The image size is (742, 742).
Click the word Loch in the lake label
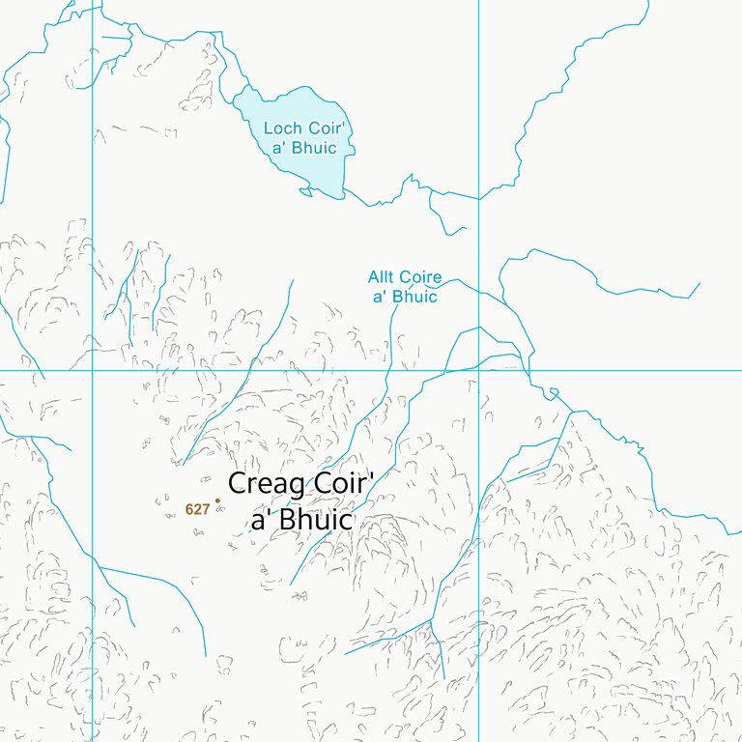[282, 128]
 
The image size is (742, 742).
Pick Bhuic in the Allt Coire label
[415, 297]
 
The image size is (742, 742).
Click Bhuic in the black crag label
[315, 519]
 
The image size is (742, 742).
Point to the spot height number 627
[197, 509]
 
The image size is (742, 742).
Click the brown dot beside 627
[217, 500]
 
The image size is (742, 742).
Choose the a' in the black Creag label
[263, 519]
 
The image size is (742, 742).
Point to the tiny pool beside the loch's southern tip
[305, 190]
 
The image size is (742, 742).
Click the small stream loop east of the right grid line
[553, 391]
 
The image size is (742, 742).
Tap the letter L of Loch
[269, 128]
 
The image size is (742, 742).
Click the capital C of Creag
[237, 485]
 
